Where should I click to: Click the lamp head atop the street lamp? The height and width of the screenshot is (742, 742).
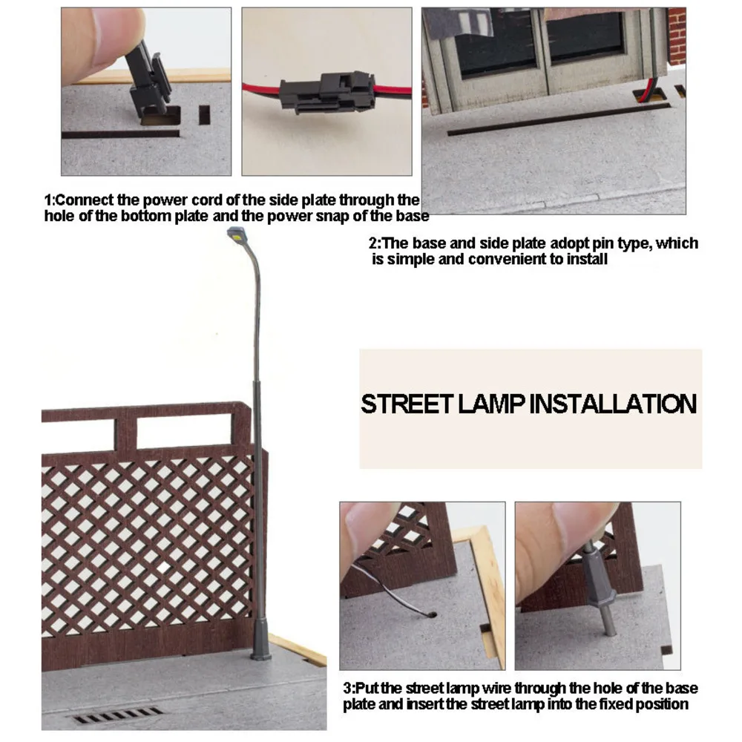coord(236,233)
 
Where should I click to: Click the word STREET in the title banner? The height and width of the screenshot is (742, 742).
coord(407,404)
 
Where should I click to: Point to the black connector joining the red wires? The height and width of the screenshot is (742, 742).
coord(327,92)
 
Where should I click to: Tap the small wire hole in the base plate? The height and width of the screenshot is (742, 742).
coord(431,614)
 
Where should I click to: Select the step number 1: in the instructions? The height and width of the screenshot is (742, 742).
coord(50,200)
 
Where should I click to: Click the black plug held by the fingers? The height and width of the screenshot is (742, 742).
coord(148,80)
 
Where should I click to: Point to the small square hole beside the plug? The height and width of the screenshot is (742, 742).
coord(205,115)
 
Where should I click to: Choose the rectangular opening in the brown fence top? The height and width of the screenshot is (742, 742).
coord(185,432)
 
